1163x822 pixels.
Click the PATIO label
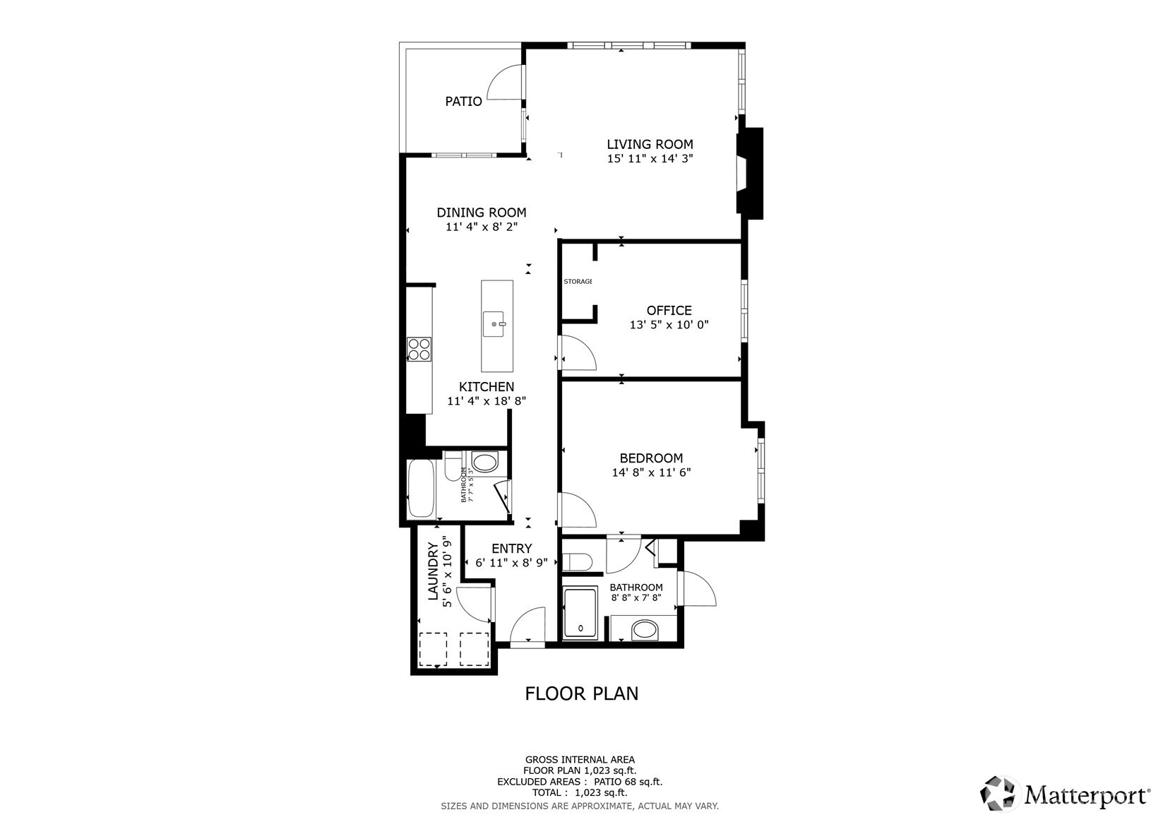(x=463, y=102)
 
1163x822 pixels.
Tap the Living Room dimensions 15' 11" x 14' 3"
(x=650, y=159)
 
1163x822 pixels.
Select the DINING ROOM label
(x=481, y=213)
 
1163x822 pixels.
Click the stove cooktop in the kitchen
(x=419, y=350)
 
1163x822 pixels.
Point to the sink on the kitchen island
(x=496, y=325)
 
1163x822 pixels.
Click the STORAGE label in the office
(x=578, y=282)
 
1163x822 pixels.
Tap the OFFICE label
(x=669, y=311)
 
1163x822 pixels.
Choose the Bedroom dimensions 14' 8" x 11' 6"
(x=651, y=472)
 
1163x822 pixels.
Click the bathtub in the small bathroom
(x=421, y=489)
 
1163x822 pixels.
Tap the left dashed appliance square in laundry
(x=434, y=649)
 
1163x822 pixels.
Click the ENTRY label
(x=511, y=549)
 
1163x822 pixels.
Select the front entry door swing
(x=527, y=626)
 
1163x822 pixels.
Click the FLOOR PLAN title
(x=581, y=693)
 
